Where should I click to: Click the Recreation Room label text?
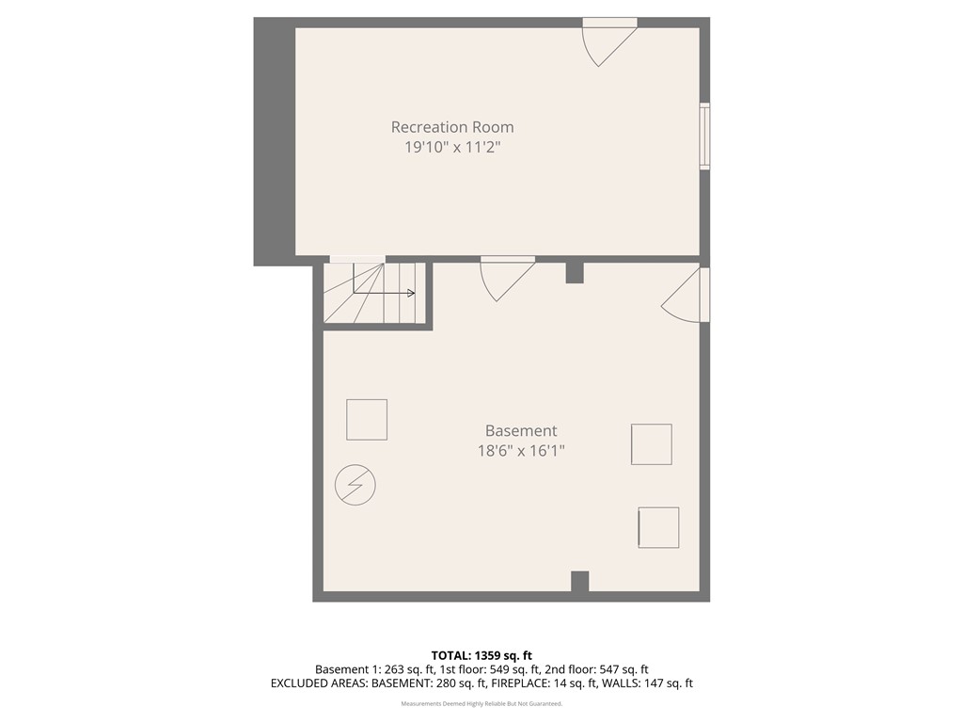tap(452, 127)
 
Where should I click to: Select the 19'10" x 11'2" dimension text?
tap(452, 147)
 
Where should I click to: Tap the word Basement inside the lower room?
tap(521, 431)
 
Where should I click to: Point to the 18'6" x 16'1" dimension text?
tap(521, 451)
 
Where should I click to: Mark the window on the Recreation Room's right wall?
tap(704, 137)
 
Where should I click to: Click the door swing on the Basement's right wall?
tap(687, 296)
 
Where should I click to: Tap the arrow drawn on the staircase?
tap(386, 292)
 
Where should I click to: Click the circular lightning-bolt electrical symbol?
tap(355, 485)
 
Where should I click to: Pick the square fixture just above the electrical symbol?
tap(367, 419)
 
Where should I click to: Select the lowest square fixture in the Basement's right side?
tap(658, 527)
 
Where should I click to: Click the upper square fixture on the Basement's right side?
tap(652, 444)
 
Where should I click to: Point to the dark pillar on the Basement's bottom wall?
tap(580, 582)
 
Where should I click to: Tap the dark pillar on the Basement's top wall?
tap(575, 272)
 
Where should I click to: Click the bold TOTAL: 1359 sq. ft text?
tap(481, 655)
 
